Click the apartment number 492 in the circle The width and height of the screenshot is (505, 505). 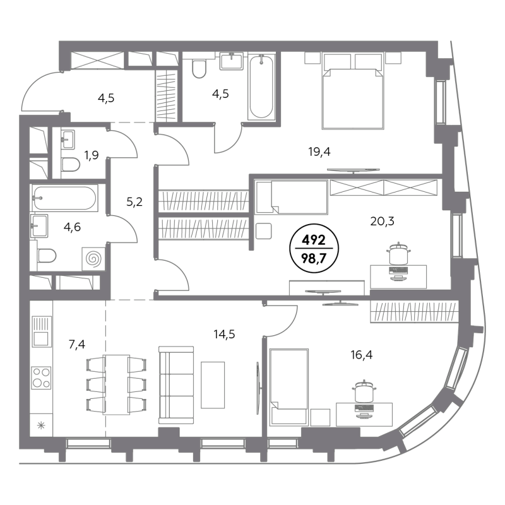coord(314,240)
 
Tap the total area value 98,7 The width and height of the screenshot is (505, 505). coord(314,258)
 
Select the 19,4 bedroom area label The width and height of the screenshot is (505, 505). coord(319,151)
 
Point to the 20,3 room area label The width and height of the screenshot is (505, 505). coord(383,222)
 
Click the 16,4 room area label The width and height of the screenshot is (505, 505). coord(362,355)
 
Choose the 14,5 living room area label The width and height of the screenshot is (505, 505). coord(224,335)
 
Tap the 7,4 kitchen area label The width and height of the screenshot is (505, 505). coord(77,345)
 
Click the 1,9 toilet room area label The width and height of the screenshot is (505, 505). coord(92,155)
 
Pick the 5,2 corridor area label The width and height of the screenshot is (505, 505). coord(134,202)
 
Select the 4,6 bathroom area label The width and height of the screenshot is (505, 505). coord(72,227)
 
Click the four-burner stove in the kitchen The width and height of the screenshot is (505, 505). coord(41,377)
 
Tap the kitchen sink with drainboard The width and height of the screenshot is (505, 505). coord(42,331)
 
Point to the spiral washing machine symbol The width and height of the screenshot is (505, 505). coord(93,259)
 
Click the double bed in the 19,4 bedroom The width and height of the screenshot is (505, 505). coord(353,91)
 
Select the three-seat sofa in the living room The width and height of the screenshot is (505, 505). coord(177,385)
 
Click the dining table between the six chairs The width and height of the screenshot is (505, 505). coord(116,385)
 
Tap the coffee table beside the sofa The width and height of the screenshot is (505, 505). coord(213,385)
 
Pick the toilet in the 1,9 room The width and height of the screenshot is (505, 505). coord(71,165)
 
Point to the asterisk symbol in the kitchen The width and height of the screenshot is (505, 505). coord(41,425)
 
